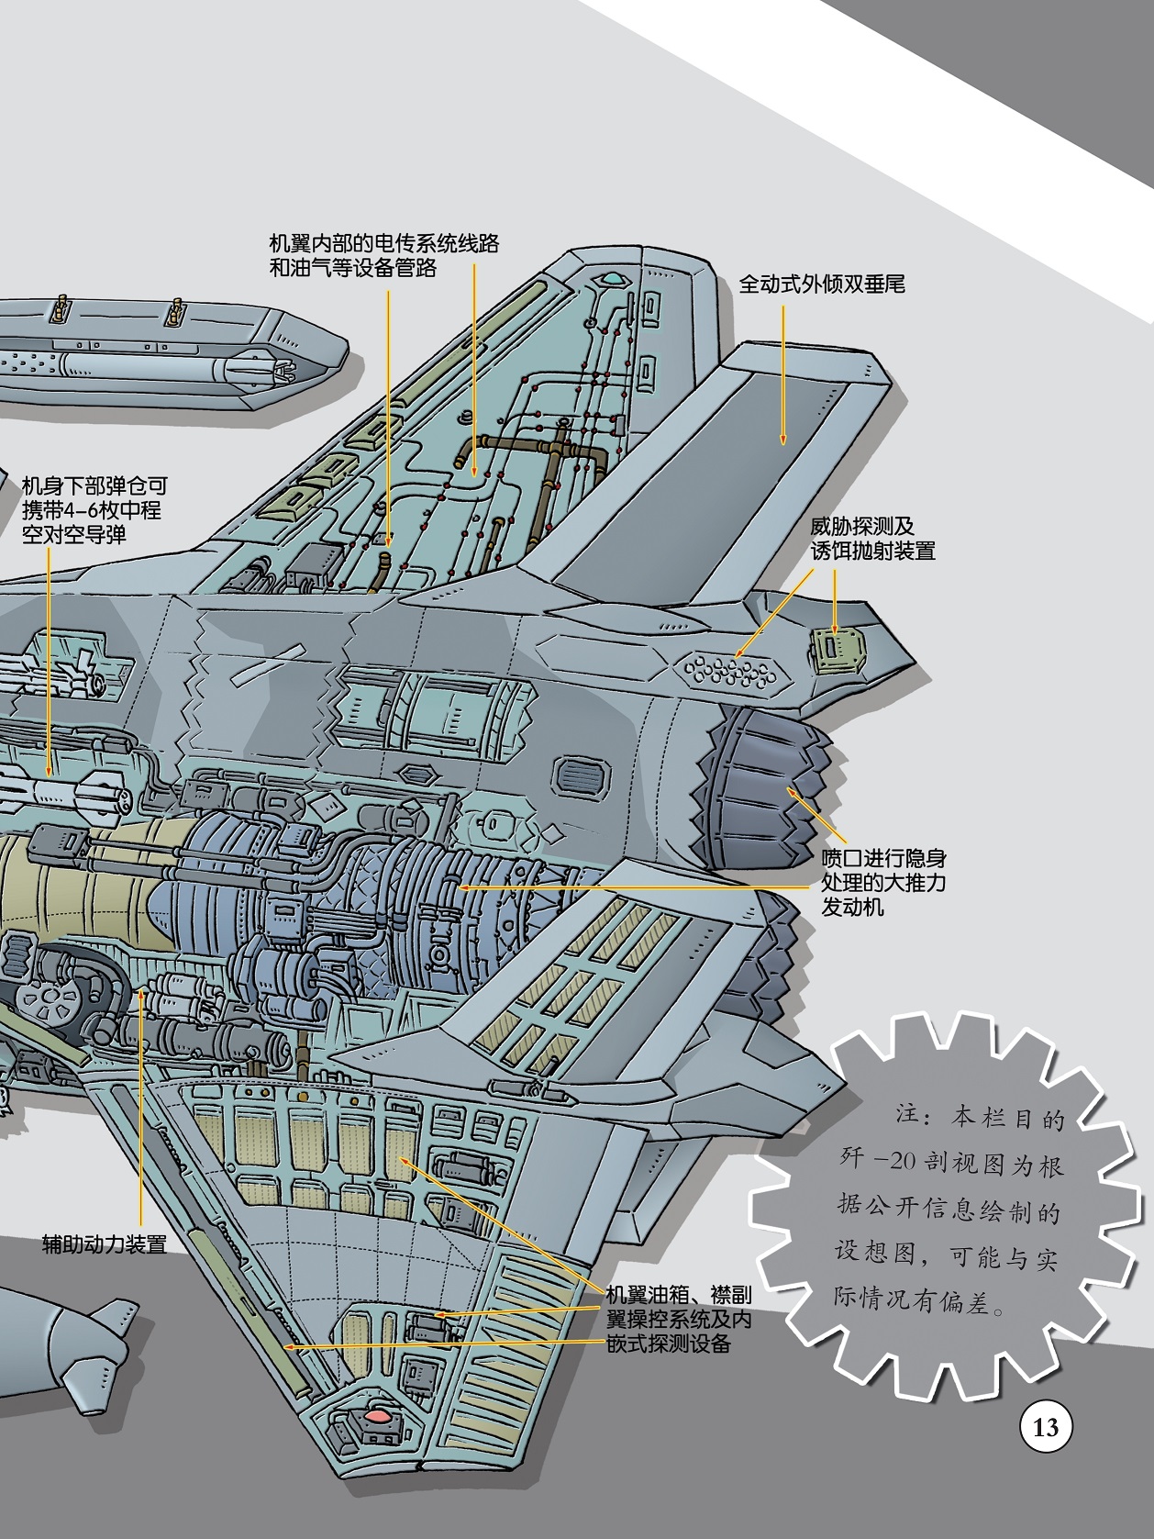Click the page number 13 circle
coord(1046,1427)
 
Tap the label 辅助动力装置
coord(105,1244)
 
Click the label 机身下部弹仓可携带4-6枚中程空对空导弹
coord(94,510)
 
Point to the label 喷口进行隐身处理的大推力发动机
coord(883,882)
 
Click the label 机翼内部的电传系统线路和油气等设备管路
coord(383,255)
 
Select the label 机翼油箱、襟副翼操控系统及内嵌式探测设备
coord(679,1320)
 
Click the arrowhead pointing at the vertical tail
coord(782,439)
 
